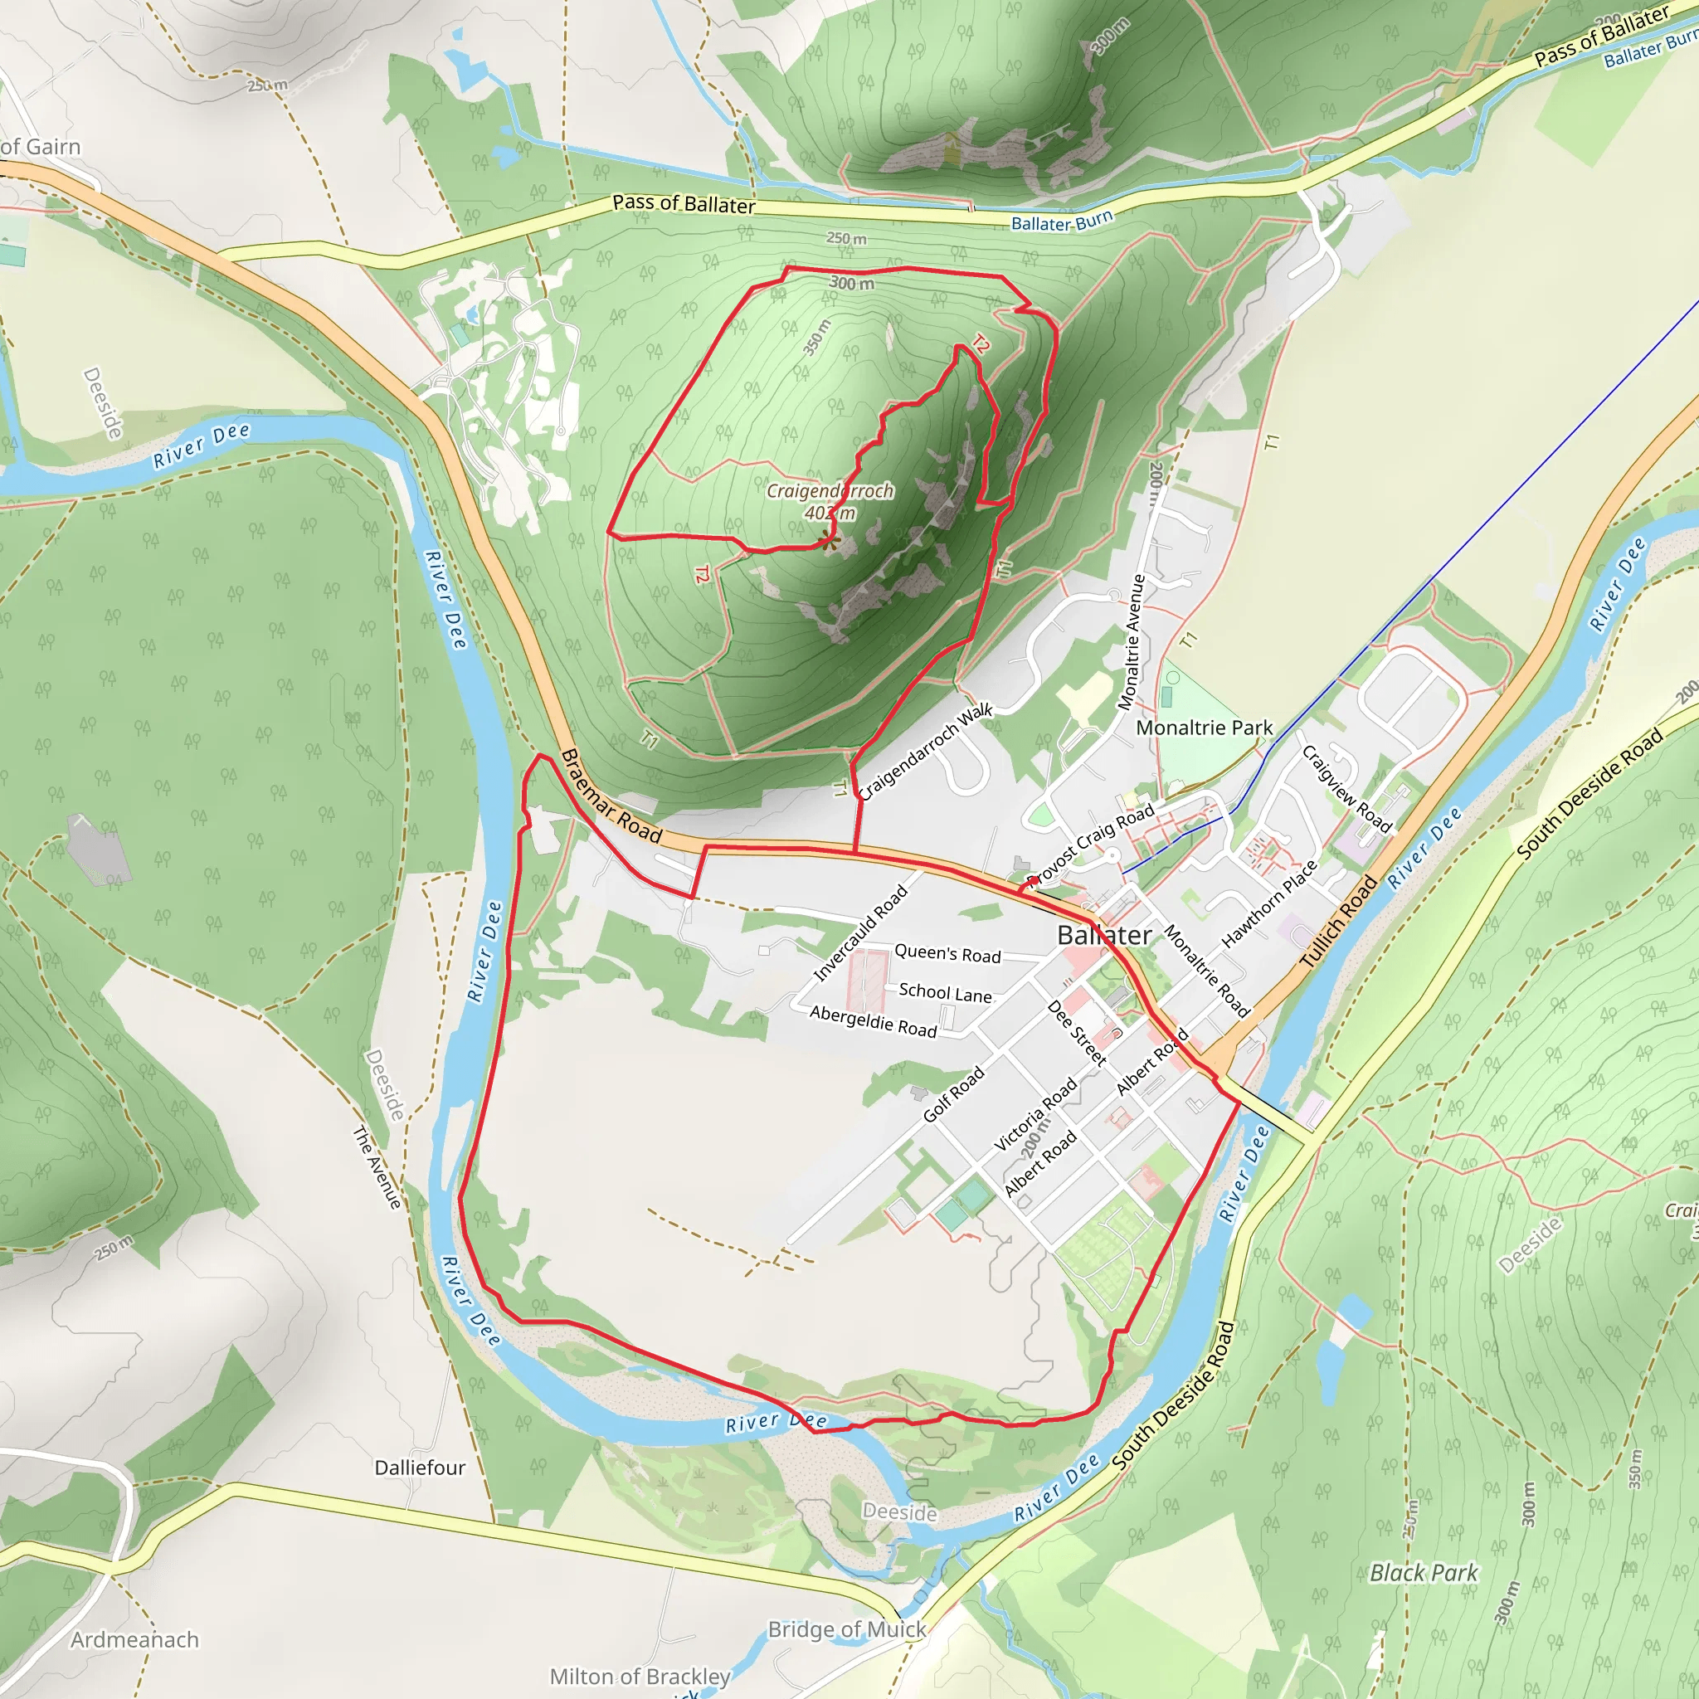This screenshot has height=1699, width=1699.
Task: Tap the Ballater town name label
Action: coord(1103,936)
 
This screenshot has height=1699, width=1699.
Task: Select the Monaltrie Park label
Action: coord(1204,728)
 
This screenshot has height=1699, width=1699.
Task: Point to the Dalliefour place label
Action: coord(420,1468)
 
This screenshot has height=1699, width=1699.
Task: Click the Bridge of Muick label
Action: coord(847,1629)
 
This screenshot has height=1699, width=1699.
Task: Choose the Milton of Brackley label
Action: coord(640,1677)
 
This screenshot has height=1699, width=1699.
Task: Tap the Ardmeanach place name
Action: coord(134,1640)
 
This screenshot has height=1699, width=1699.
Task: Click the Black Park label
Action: coord(1424,1572)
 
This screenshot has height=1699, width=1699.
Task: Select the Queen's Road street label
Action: coord(947,954)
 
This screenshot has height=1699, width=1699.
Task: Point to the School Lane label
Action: coord(944,994)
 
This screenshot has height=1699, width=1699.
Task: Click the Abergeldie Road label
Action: coord(874,1022)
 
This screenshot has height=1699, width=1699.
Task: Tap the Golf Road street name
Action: coord(953,1095)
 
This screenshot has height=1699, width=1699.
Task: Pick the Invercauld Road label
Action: coord(860,934)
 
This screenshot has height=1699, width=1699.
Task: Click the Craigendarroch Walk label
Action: coord(924,752)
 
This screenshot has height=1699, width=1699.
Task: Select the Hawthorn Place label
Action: coord(1269,905)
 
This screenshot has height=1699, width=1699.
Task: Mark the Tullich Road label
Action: coord(1338,923)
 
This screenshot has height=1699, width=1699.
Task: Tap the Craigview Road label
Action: coord(1346,789)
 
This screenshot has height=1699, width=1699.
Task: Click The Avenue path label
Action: coord(377,1167)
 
